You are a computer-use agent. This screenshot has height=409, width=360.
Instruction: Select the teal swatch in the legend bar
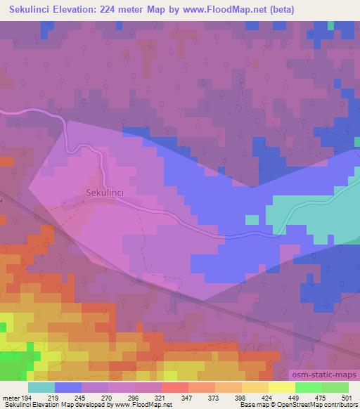41,387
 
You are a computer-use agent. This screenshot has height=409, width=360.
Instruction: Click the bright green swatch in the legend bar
309,387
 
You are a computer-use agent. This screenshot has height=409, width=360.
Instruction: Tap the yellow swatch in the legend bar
282,387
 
